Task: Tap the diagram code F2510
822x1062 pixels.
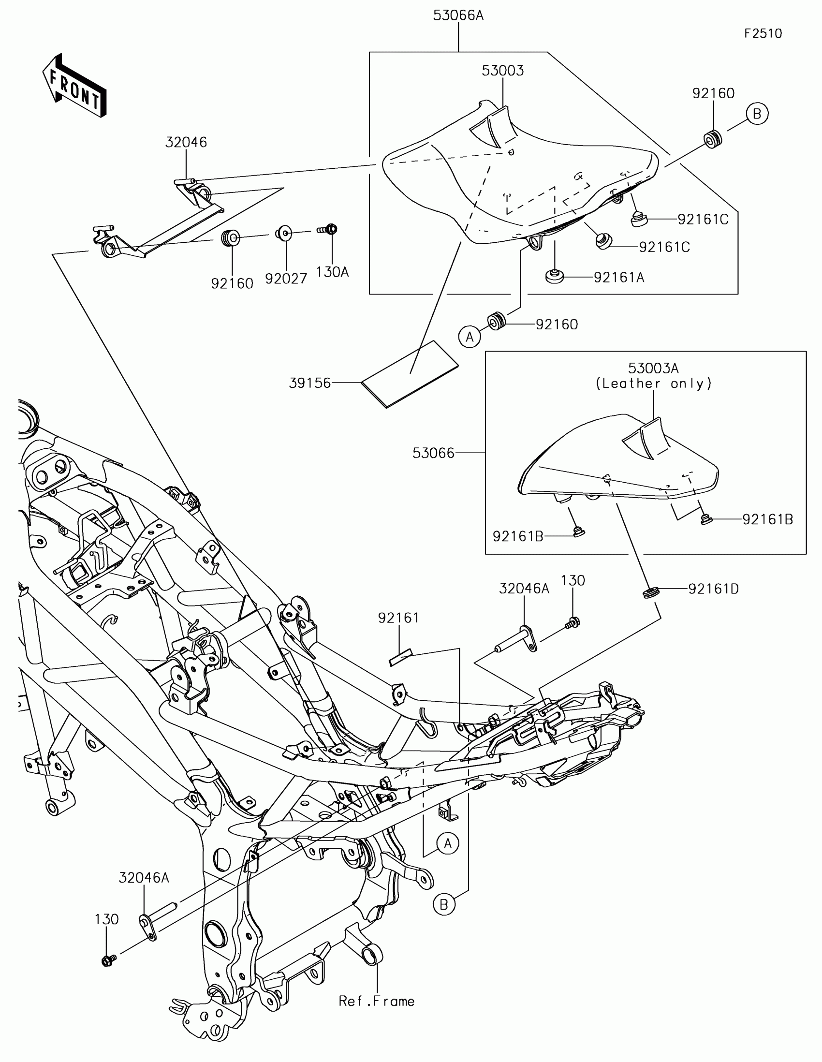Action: click(763, 33)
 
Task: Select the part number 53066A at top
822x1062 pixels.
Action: click(458, 15)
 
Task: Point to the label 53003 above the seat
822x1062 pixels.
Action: click(503, 71)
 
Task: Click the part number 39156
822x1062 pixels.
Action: click(309, 383)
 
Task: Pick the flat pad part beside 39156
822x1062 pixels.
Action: click(409, 374)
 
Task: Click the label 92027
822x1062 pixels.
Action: click(286, 279)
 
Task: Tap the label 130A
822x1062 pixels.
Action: click(333, 272)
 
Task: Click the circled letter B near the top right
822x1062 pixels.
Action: click(757, 114)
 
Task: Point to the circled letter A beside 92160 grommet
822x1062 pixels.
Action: click(470, 337)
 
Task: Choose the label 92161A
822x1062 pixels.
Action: click(619, 278)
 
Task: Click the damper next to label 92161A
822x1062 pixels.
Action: click(554, 276)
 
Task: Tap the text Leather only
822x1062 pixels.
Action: click(654, 383)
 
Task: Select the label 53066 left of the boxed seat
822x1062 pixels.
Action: click(433, 453)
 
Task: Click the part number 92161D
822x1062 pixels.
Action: click(713, 590)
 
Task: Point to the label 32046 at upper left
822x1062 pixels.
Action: click(186, 143)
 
